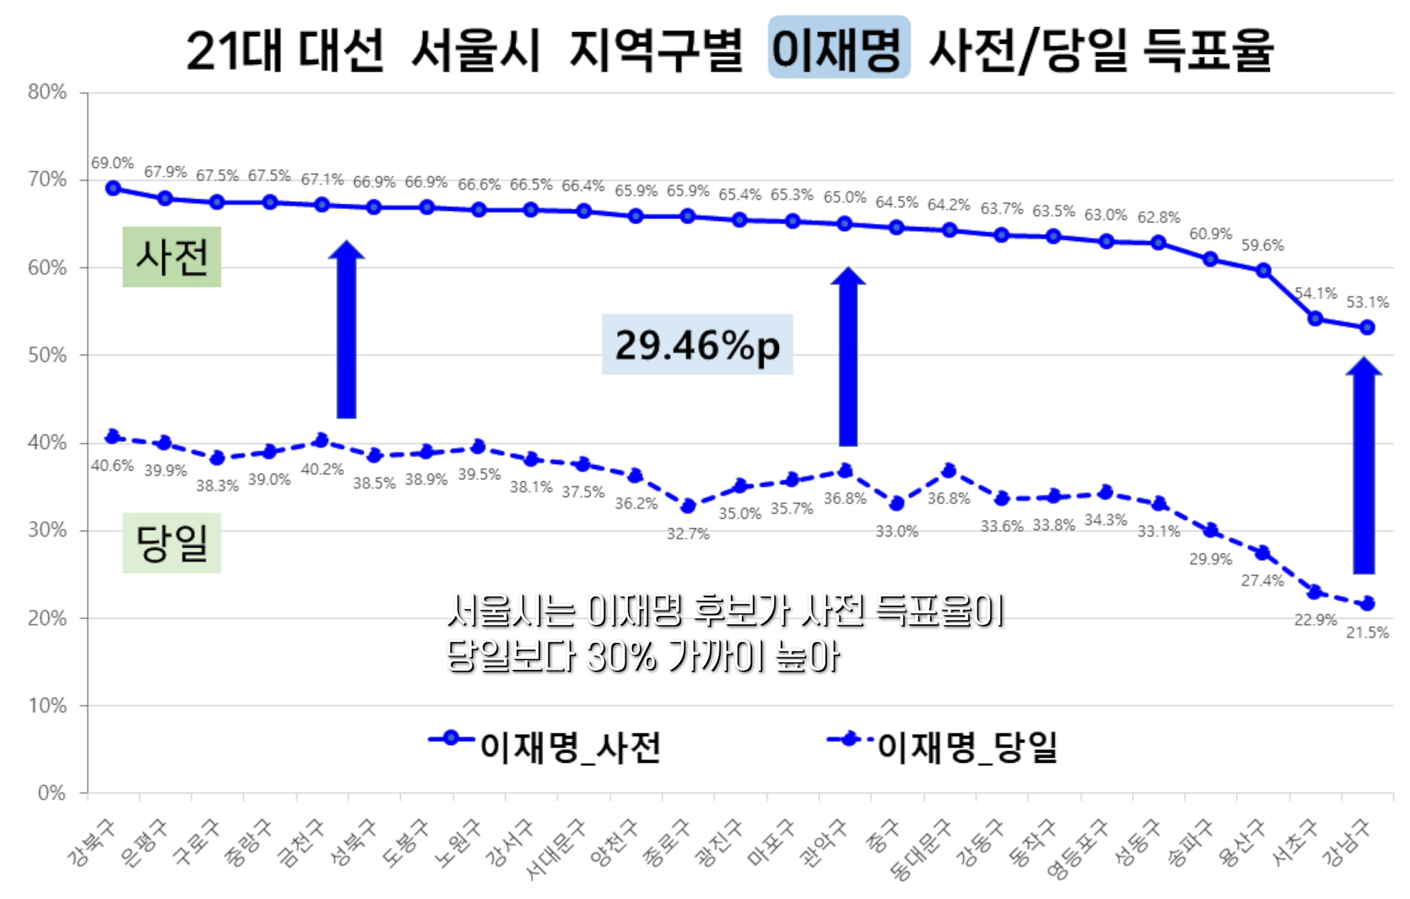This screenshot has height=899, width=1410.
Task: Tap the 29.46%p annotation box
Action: pos(697,345)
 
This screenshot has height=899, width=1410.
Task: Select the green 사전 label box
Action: pos(172,257)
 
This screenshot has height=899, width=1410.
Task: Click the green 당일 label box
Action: pos(172,543)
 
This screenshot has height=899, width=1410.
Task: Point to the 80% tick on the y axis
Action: pos(47,92)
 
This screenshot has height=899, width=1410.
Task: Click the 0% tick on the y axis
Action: pos(51,793)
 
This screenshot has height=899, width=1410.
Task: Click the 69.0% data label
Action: pos(112,163)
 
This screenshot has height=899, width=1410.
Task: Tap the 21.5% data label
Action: pos(1367,632)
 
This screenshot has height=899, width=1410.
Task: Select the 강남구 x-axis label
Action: pos(1347,843)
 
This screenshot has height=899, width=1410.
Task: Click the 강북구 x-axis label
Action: pos(91,843)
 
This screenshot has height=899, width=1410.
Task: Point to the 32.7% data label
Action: pos(688,533)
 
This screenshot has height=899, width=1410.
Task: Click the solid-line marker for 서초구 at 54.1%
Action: pos(1316,318)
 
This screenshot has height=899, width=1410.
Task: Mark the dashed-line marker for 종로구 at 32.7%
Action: pos(688,506)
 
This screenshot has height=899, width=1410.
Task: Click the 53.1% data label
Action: pos(1367,302)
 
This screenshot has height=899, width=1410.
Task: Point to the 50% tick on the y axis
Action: pos(47,355)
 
